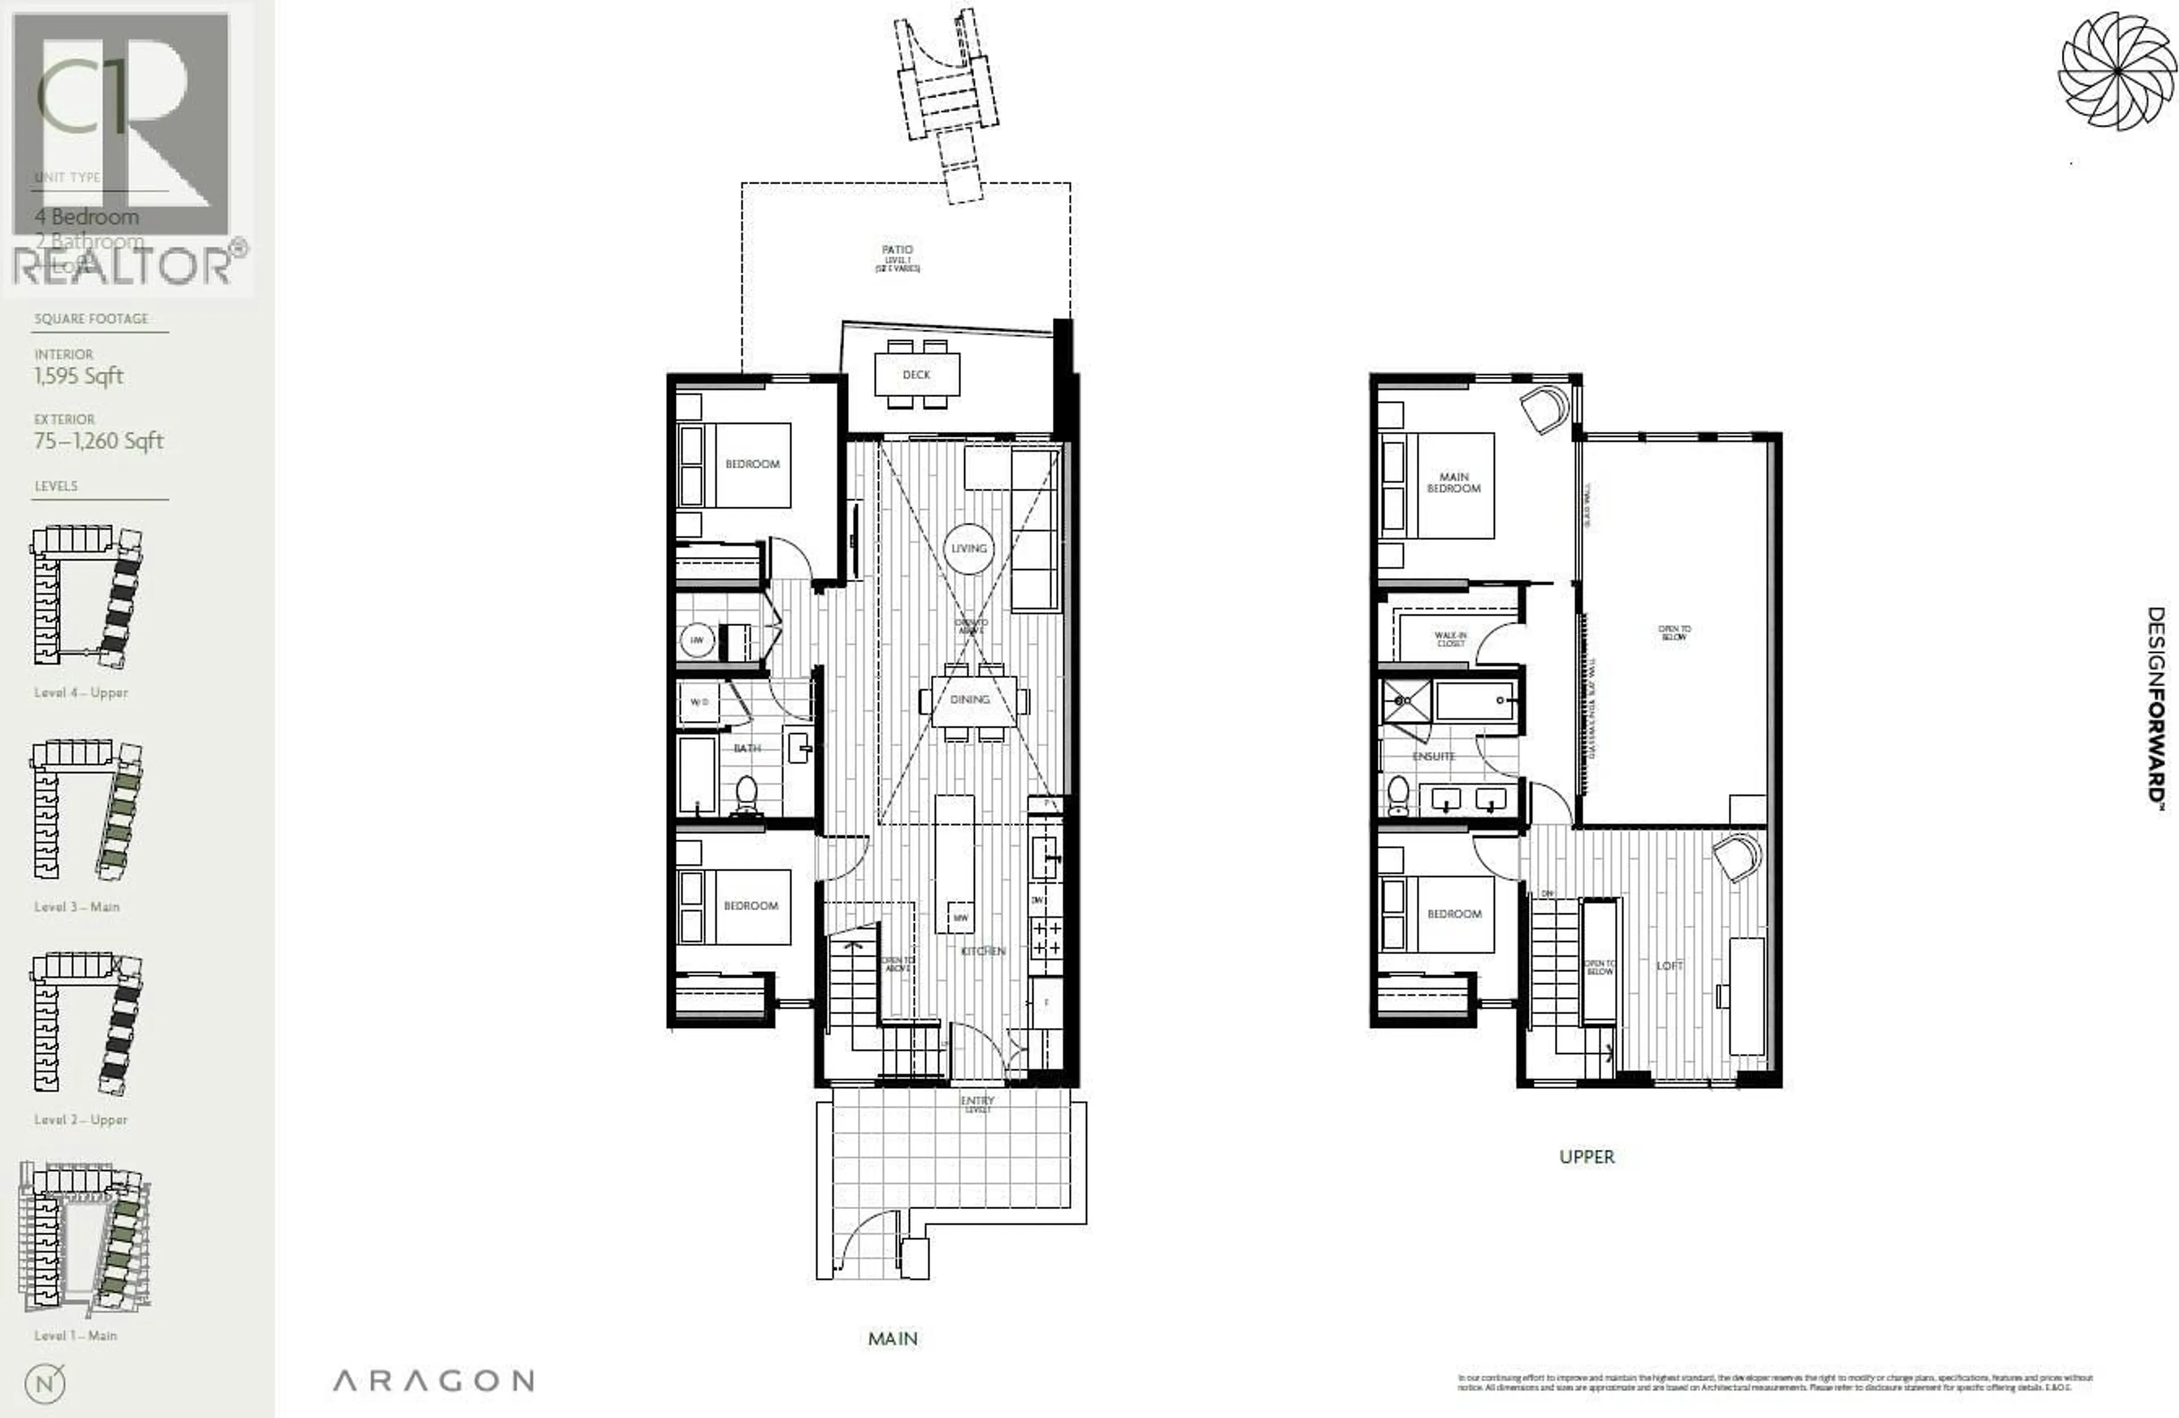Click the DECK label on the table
915,374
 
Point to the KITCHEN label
983,951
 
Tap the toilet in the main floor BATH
747,794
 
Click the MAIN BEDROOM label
1453,483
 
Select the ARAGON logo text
433,1381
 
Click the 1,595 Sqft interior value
79,376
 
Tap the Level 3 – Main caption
77,906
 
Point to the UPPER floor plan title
1587,1156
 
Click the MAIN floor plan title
893,1339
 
